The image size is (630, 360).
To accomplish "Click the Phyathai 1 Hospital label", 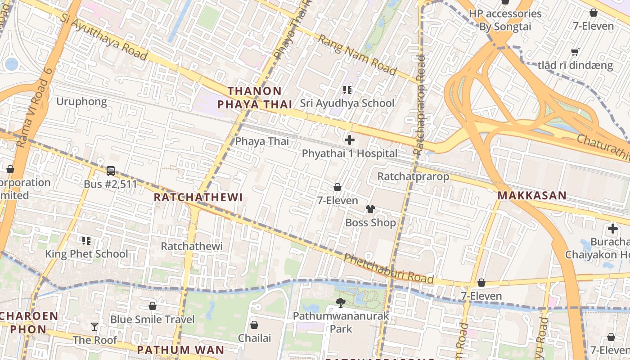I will [x=350, y=153].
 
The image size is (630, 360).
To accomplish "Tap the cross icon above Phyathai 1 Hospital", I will [x=350, y=140].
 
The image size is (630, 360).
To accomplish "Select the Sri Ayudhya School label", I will [x=347, y=103].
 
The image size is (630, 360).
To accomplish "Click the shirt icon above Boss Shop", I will [x=370, y=209].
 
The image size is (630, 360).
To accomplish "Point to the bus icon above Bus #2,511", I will [x=111, y=171].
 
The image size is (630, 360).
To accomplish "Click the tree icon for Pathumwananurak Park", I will [x=341, y=303].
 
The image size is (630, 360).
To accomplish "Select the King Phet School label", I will [x=86, y=254].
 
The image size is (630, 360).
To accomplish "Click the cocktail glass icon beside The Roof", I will [x=94, y=327].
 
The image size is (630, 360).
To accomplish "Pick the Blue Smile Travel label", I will [x=153, y=319].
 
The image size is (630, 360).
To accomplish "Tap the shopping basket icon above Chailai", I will [x=254, y=325].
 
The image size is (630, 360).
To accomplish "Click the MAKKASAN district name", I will [x=531, y=196].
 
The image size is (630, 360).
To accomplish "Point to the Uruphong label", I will [x=81, y=102].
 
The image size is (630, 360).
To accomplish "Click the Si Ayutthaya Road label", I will [x=104, y=37].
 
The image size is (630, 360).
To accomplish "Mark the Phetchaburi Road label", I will [x=388, y=269].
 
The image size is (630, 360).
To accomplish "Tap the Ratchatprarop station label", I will [x=413, y=176].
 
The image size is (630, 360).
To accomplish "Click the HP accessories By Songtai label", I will [x=505, y=20].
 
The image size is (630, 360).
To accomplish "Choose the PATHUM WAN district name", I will [x=180, y=350].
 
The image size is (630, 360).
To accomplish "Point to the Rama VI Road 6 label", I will [x=34, y=112].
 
